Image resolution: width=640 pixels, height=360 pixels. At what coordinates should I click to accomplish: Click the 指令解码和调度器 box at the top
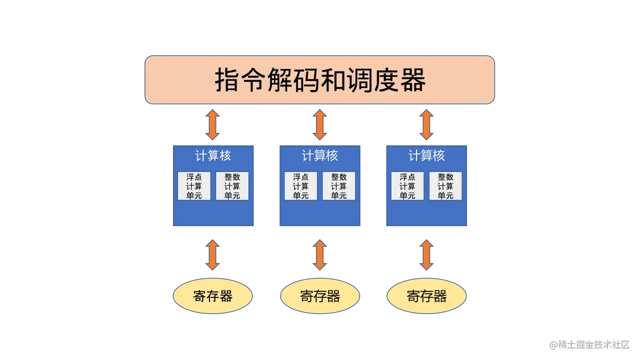point(320,80)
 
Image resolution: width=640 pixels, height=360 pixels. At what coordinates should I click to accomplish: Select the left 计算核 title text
point(213,156)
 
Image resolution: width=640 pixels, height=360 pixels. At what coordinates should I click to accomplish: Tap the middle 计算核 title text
point(320,156)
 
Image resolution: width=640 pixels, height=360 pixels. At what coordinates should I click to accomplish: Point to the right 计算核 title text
point(426,156)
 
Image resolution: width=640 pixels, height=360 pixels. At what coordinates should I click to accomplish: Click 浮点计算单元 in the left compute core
point(194,186)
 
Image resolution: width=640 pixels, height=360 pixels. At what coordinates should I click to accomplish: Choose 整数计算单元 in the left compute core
point(232,186)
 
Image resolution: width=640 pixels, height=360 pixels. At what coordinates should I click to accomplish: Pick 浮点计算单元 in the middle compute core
point(300,186)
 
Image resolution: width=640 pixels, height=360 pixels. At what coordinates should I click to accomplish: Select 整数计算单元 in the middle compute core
point(338,186)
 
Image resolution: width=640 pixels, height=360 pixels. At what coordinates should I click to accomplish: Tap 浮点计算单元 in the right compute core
point(407,186)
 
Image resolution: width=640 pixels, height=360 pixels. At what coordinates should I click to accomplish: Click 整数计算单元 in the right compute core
point(445,186)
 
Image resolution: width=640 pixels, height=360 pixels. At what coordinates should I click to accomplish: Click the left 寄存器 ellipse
point(213,296)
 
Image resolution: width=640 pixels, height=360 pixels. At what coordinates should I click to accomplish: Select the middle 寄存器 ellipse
point(320,296)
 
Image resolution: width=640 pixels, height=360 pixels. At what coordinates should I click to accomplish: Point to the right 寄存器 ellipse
point(426,296)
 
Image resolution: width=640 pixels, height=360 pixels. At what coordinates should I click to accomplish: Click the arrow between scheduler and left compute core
point(213,125)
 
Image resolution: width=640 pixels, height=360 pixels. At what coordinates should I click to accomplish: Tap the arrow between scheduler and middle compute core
point(320,125)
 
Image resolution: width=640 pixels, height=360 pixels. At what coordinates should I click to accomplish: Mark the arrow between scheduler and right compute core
point(426,125)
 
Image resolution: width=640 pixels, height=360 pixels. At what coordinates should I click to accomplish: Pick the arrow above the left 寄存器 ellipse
point(213,255)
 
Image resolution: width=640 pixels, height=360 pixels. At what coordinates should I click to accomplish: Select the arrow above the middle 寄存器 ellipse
point(320,255)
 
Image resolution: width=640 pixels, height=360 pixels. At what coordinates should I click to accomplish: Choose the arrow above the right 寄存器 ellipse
point(426,255)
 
